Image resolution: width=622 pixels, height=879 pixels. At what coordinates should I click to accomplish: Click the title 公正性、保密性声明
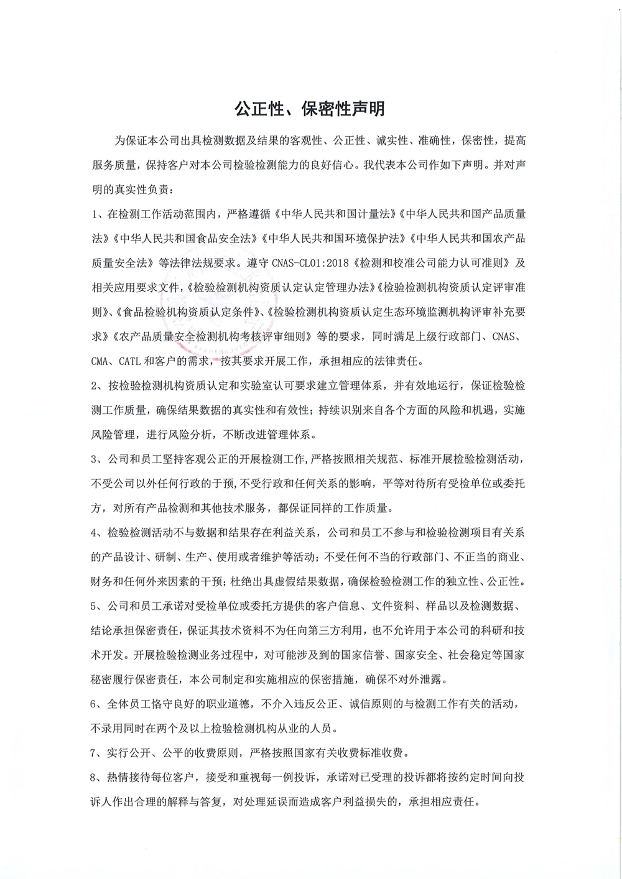coord(310,109)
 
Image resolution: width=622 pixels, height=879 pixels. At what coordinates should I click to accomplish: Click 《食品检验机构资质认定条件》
coord(183,312)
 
